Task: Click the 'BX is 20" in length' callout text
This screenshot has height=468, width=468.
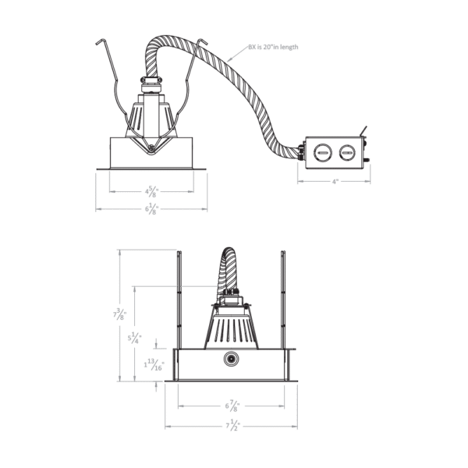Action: pos(273,47)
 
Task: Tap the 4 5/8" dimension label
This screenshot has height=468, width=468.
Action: pos(151,191)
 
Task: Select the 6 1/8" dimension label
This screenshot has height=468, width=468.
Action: pos(151,208)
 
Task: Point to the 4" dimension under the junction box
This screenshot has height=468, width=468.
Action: pos(335,181)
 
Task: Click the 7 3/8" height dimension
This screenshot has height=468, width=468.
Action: pos(119,314)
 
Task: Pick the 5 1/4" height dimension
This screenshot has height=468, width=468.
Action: pos(134,339)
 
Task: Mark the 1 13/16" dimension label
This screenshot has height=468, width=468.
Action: pos(154,365)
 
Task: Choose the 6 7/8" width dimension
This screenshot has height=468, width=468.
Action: pos(232,406)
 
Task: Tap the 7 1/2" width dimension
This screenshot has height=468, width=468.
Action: pos(232,426)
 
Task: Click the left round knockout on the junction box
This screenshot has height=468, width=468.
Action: pos(323,153)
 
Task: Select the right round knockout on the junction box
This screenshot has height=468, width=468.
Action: pos(347,153)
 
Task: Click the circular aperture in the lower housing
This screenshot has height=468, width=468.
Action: pos(231,360)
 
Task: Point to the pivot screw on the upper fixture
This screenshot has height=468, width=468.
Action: pos(151,147)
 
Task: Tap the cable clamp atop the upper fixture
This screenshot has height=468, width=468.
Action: pos(151,80)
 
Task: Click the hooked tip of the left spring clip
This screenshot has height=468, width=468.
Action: pos(100,41)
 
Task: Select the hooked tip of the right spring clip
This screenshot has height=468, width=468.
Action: pos(203,41)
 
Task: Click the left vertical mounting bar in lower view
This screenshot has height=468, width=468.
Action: pos(179,300)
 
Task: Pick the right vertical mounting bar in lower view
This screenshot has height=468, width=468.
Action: pos(283,300)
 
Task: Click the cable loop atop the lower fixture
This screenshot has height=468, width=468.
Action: pos(229,268)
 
